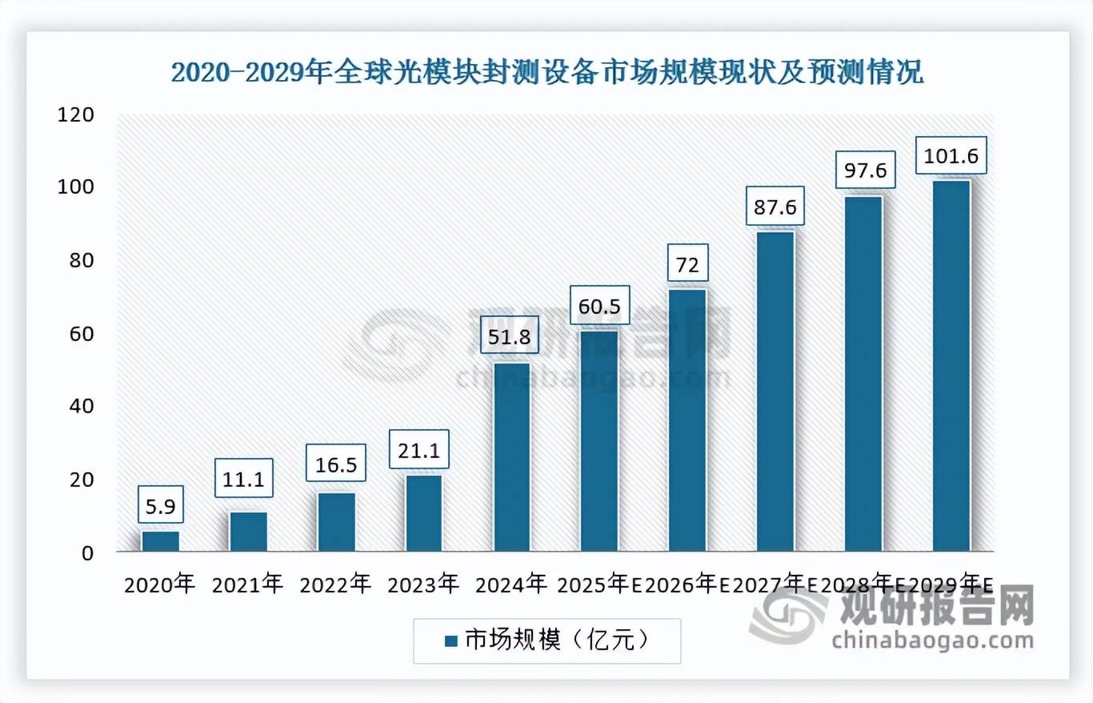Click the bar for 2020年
click(160, 541)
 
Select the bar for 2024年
click(511, 457)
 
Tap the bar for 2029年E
click(951, 366)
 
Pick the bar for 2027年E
click(775, 392)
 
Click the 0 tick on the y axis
click(87, 552)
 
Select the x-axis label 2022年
click(335, 584)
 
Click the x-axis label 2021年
click(247, 584)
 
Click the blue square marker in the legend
click(450, 641)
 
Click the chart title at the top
click(547, 73)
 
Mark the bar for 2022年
click(336, 522)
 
